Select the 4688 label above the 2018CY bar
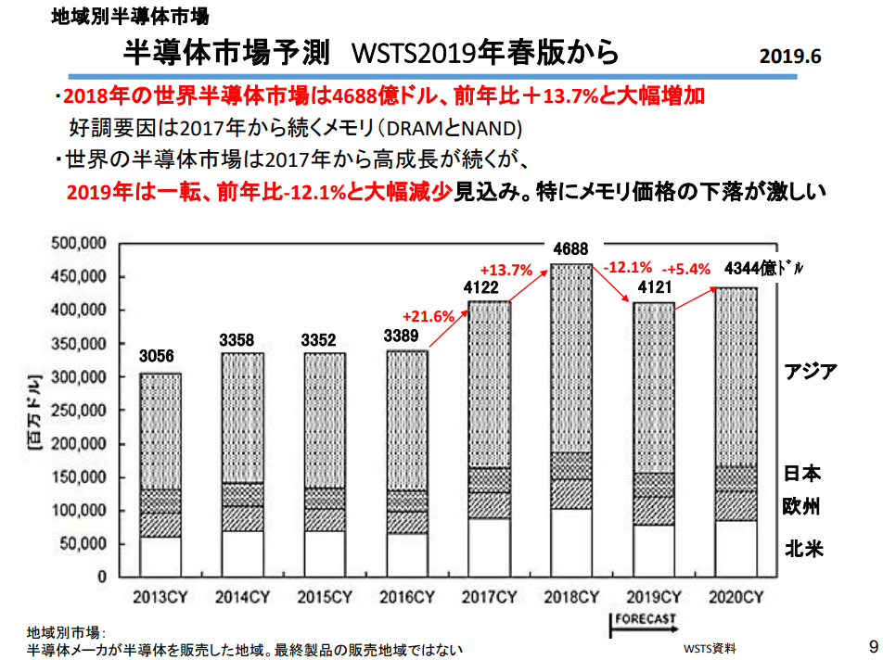(x=569, y=248)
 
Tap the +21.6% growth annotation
(x=429, y=315)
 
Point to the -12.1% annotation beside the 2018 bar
(x=628, y=267)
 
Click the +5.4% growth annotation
(x=685, y=269)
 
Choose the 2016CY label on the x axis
(x=406, y=596)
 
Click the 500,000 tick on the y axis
(x=82, y=244)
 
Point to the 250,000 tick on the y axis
(x=82, y=411)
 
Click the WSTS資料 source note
(x=712, y=647)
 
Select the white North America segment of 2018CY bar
(x=569, y=542)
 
